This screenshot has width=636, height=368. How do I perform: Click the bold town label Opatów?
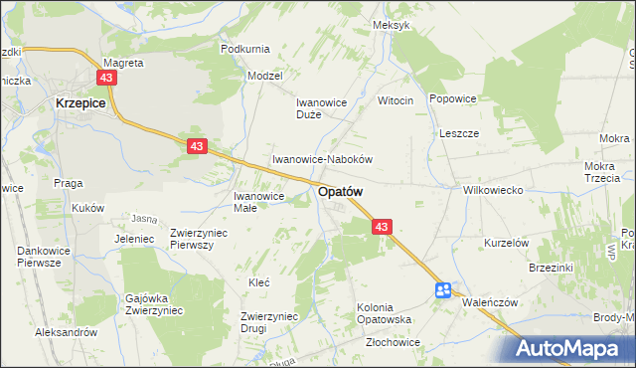pyautogui.click(x=340, y=192)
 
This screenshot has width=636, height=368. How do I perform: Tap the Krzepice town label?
pyautogui.click(x=81, y=102)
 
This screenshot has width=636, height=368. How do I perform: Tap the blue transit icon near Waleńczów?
pyautogui.click(x=443, y=289)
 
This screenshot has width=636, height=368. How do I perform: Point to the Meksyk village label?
pyautogui.click(x=391, y=25)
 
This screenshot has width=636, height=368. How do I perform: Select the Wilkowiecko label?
pyautogui.click(x=493, y=189)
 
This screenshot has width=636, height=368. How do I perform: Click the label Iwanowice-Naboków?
pyautogui.click(x=323, y=159)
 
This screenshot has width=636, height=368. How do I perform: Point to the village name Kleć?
pyautogui.click(x=258, y=282)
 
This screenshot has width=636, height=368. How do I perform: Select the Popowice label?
pyautogui.click(x=453, y=99)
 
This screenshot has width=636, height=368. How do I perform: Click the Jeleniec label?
pyautogui.click(x=133, y=240)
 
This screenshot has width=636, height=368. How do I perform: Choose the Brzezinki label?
pyautogui.click(x=554, y=269)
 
